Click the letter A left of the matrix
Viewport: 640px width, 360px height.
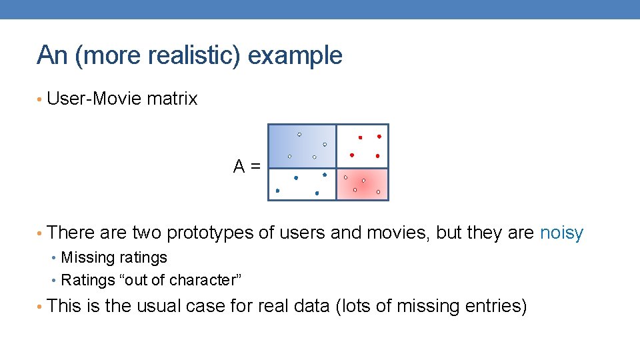[x=239, y=167]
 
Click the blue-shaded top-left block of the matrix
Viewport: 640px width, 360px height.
[x=302, y=146]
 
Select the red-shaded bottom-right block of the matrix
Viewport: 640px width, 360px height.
[x=362, y=184]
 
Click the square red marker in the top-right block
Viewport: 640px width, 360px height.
[x=360, y=137]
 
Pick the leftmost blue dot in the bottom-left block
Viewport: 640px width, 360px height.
[x=277, y=191]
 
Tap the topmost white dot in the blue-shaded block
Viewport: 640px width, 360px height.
[x=299, y=134]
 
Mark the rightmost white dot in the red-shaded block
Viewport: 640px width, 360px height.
[x=378, y=192]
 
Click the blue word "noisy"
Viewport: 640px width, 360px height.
[x=561, y=233]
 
